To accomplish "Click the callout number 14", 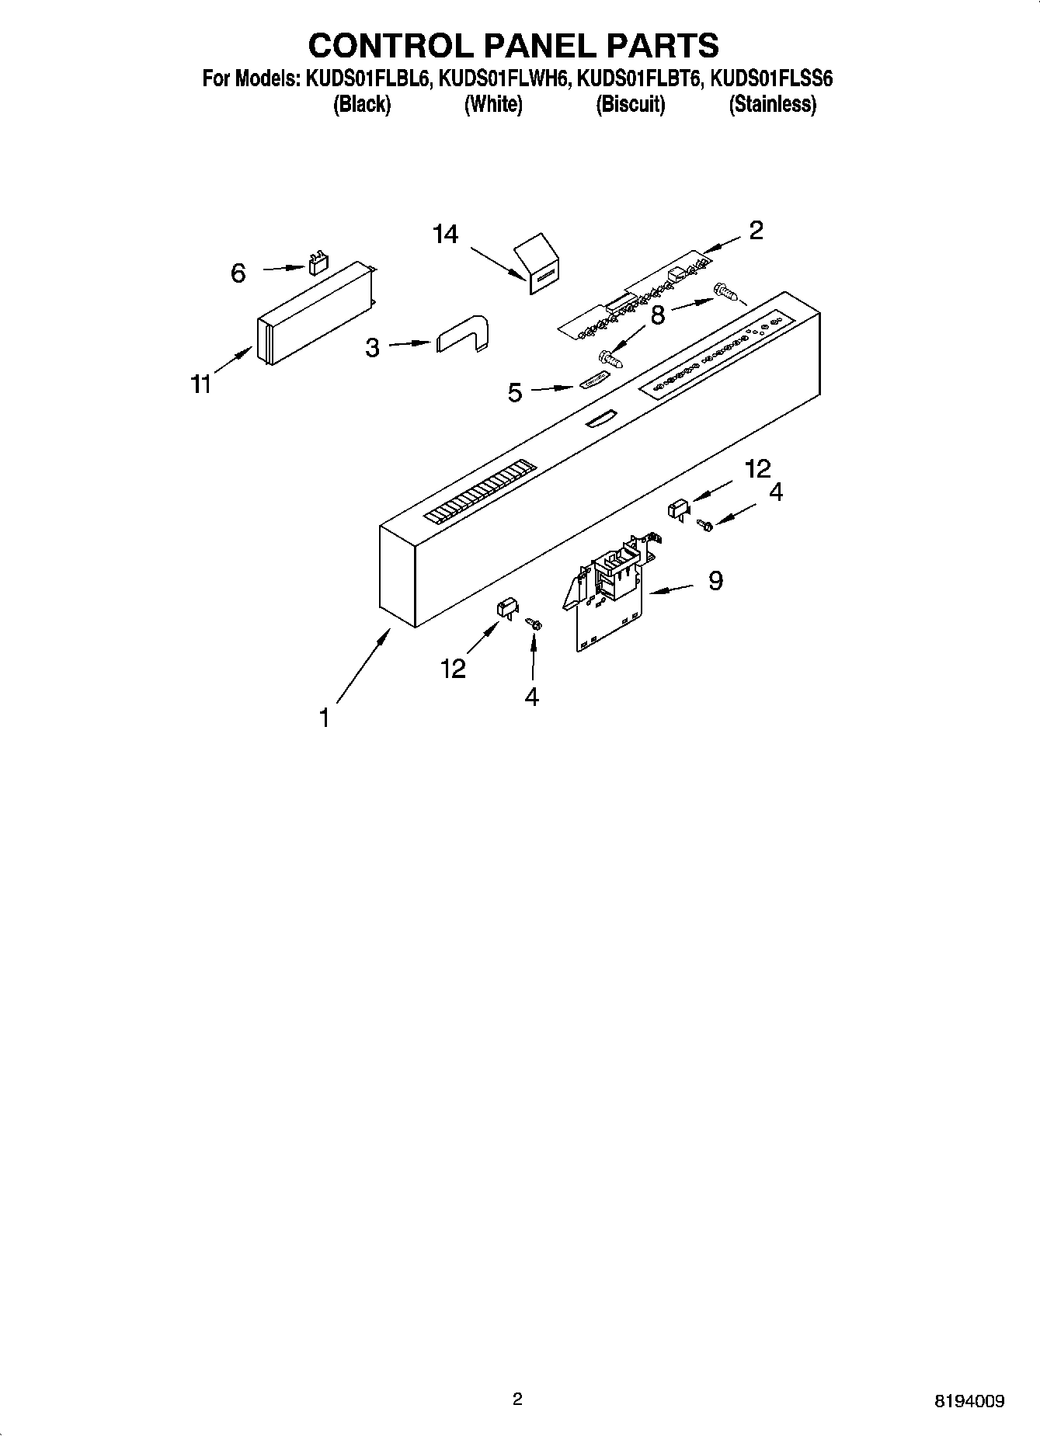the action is click(446, 234).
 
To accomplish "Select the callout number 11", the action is click(202, 384).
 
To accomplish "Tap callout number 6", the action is click(238, 273).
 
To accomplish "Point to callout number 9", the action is click(715, 579).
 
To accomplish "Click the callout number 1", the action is click(325, 718).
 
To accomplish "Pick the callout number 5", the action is click(515, 393).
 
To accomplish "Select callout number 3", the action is click(373, 347).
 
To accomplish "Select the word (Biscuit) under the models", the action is click(630, 104).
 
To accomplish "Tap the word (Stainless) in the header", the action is click(772, 104).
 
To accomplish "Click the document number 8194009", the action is click(969, 1401).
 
